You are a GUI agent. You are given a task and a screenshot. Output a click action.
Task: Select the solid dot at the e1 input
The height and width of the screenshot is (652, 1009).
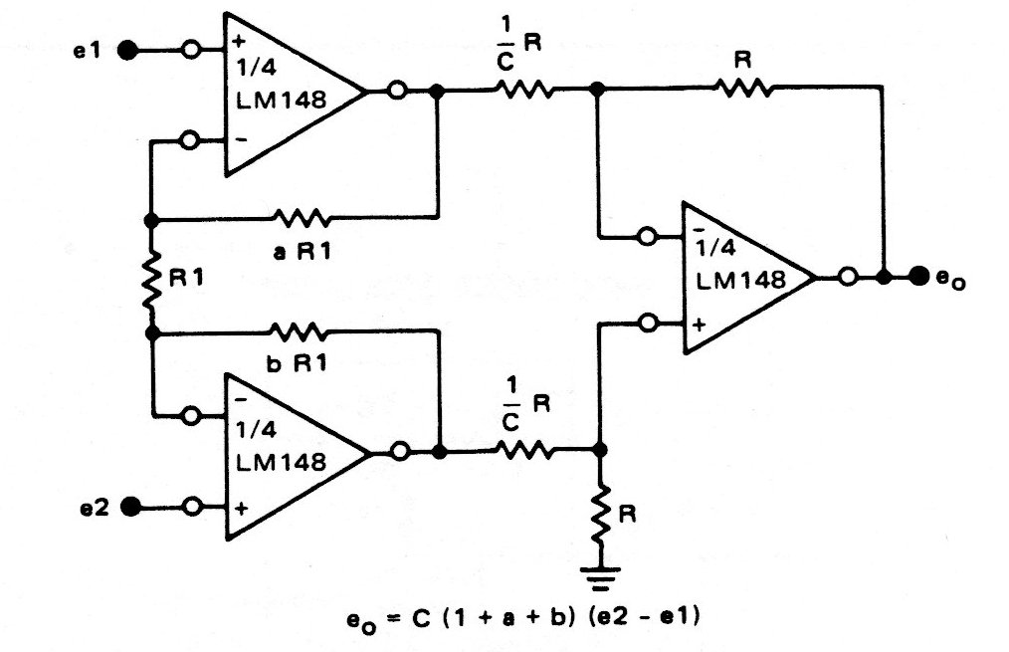pos(127,48)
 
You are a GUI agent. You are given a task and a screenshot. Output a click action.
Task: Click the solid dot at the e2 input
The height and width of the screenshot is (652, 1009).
pos(129,507)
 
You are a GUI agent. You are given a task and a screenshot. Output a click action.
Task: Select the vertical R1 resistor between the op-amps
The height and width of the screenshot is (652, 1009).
pos(151,279)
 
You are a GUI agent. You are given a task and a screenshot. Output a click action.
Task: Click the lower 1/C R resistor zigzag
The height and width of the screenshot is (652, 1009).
pos(524,451)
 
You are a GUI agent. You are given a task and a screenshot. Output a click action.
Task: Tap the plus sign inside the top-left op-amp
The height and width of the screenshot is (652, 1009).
pos(239,44)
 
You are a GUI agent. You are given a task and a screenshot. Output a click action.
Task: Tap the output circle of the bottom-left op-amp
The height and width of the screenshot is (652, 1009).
pos(398,451)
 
